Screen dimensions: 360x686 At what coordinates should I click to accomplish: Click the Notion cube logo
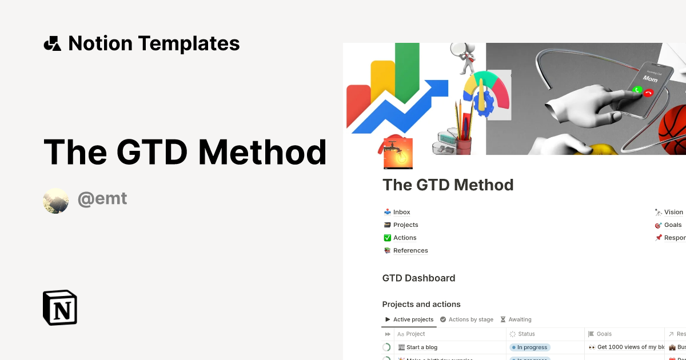click(x=60, y=307)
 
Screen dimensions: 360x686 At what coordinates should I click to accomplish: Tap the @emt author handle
click(x=102, y=199)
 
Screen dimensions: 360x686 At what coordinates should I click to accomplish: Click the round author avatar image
click(x=56, y=201)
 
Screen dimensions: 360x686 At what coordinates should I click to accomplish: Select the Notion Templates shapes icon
click(x=52, y=43)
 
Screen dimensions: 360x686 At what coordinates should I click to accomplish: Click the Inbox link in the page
click(x=401, y=212)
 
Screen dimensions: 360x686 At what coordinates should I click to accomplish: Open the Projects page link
click(x=405, y=225)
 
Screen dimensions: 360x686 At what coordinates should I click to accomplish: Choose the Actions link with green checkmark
click(x=404, y=238)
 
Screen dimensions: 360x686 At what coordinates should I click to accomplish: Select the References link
click(x=410, y=250)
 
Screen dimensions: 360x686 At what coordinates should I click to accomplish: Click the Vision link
click(x=673, y=212)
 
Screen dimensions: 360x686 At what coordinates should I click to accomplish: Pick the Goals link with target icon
click(x=672, y=225)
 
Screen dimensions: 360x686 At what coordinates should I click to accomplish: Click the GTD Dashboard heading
click(x=418, y=278)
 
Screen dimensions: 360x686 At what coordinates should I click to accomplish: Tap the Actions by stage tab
click(x=470, y=319)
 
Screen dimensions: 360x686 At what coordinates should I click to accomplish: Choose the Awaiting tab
click(x=519, y=319)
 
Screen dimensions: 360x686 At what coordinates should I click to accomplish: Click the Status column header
click(x=526, y=334)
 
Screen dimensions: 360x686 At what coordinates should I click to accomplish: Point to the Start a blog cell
click(x=421, y=347)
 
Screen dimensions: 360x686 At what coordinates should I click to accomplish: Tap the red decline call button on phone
click(x=648, y=93)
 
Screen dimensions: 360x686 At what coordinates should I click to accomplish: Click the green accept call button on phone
click(x=637, y=90)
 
